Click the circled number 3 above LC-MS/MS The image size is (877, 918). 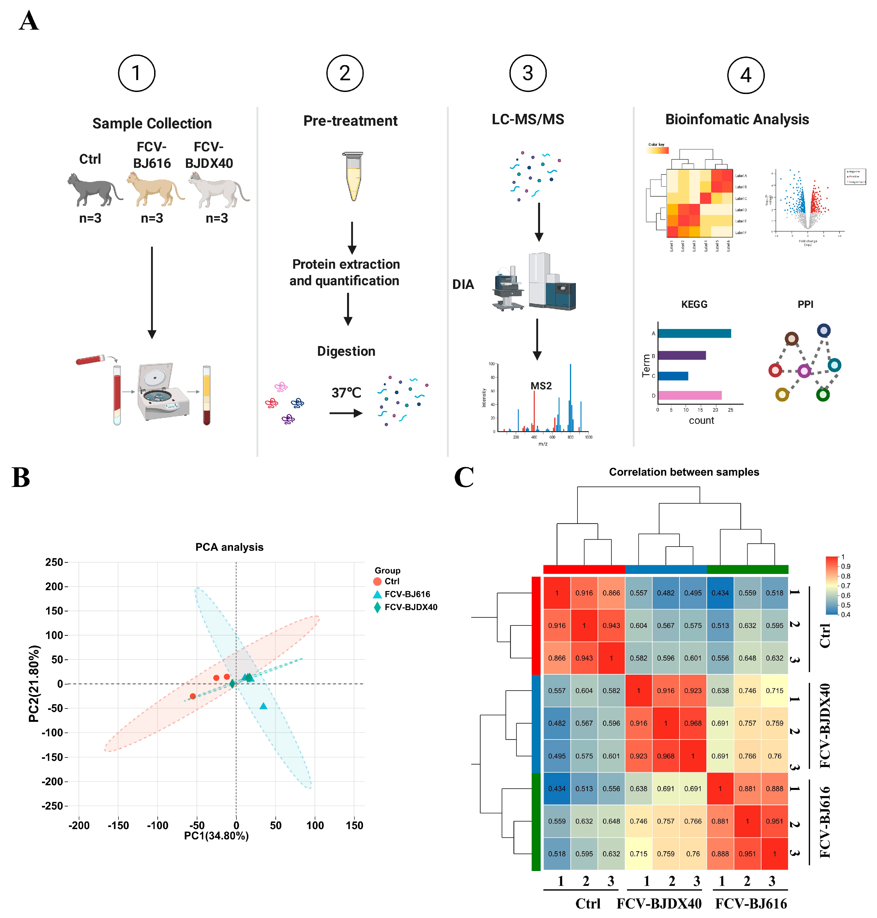(527, 73)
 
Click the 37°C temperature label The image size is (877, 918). (346, 393)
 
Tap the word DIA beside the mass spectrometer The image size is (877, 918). (463, 284)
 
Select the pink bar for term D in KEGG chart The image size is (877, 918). (690, 395)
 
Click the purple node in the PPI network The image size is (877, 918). (804, 371)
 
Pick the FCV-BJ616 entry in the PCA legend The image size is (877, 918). (407, 594)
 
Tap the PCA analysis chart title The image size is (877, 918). (229, 547)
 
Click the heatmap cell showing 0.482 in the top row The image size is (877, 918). (665, 592)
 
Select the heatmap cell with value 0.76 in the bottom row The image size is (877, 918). (692, 853)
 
